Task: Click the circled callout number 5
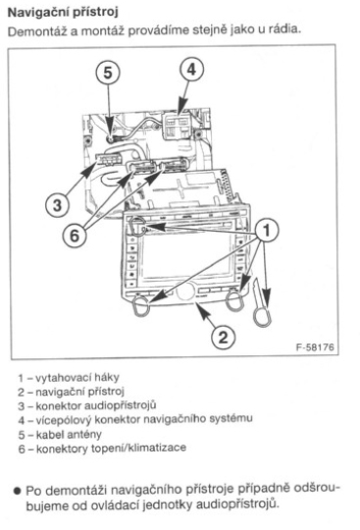[107, 73]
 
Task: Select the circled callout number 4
[191, 70]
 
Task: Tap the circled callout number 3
[58, 205]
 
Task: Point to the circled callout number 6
[75, 236]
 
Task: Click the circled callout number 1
[267, 231]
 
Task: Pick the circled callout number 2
[223, 337]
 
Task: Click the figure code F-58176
[315, 347]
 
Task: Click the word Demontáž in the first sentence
[38, 31]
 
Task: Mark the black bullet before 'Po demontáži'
[18, 490]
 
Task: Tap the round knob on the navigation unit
[185, 291]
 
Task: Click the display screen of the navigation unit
[186, 257]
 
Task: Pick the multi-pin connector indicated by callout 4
[177, 126]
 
